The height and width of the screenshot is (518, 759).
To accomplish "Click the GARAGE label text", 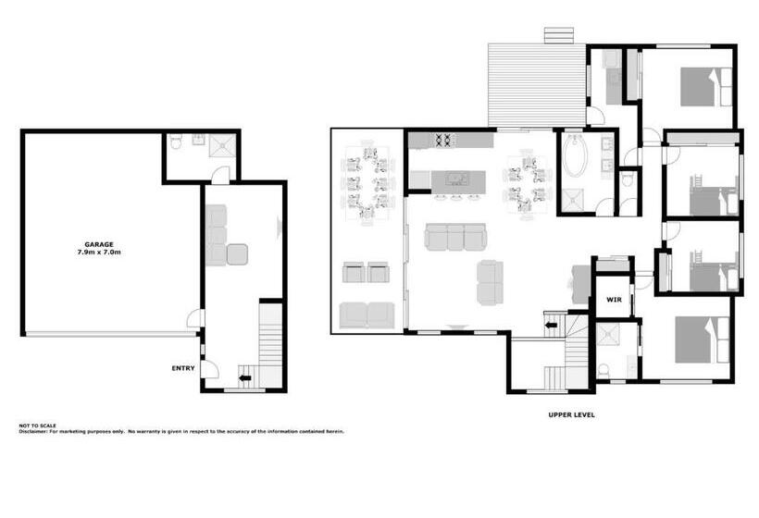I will coord(99,244).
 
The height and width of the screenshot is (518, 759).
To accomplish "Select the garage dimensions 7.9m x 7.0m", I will coord(99,252).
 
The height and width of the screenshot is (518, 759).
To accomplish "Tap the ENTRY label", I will coord(183,368).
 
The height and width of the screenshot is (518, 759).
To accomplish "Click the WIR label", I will coord(613,300).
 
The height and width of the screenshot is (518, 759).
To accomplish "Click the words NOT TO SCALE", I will coord(37,425).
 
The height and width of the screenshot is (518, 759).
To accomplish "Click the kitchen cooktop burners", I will coord(442,141).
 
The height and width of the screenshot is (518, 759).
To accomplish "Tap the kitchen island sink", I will coord(454,177).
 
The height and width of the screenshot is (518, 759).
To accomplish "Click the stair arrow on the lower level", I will coord(246,376).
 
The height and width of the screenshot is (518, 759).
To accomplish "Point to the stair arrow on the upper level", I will coord(551,325).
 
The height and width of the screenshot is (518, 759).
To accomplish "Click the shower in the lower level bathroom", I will coord(223,143).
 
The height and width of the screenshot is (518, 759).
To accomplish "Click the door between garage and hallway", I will coord(195,318).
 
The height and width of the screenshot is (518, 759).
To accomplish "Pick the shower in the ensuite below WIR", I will coord(609,336).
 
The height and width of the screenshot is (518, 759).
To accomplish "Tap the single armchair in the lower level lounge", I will coord(237,254).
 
